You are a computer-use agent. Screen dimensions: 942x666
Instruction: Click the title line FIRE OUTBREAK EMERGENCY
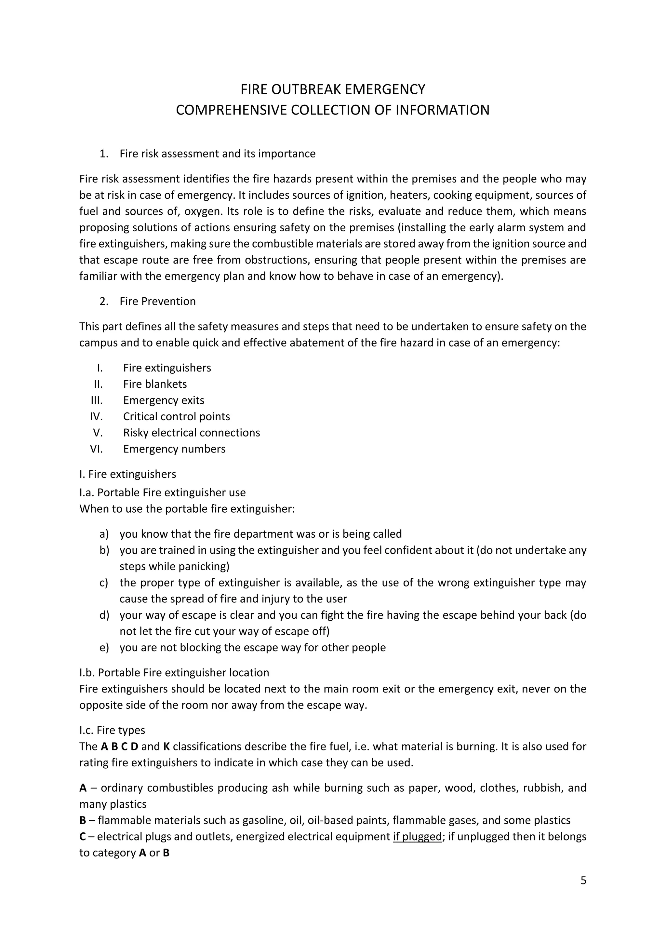tap(333, 89)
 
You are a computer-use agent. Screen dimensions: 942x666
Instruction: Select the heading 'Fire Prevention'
tap(157, 301)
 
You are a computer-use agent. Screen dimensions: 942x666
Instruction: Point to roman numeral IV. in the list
tap(96, 416)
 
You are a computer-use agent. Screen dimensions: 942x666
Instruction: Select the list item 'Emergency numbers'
tap(174, 449)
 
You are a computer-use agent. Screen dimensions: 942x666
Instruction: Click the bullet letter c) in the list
tap(104, 583)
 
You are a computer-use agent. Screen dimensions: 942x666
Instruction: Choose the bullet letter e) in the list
tap(104, 647)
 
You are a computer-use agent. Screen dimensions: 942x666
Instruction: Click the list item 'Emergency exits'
tap(164, 400)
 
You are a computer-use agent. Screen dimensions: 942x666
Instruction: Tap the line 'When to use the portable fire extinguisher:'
tap(187, 509)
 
